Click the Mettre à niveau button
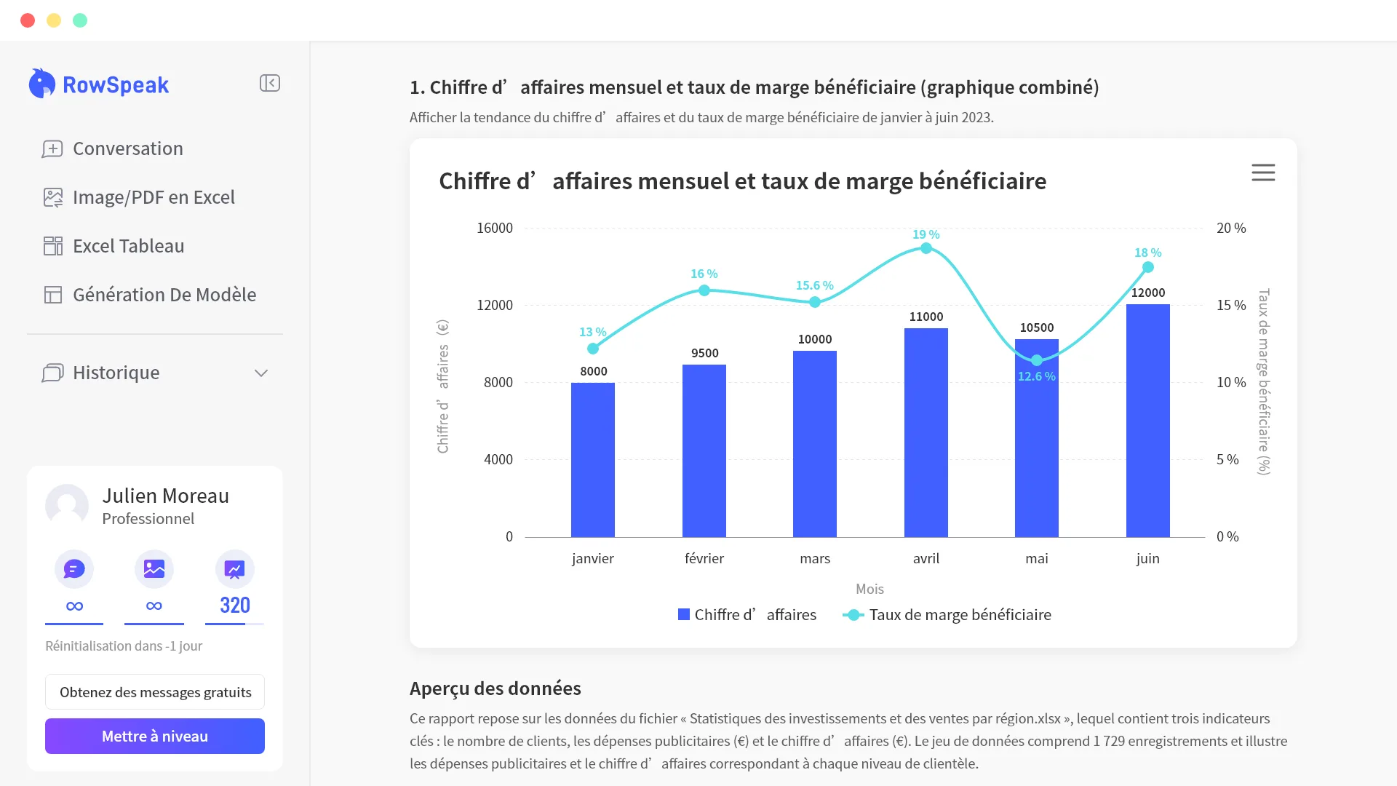click(x=154, y=736)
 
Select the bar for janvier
click(x=593, y=460)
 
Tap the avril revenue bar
click(x=926, y=432)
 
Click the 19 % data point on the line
click(x=926, y=249)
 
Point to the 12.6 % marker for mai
click(x=1037, y=360)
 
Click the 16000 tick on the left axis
click(x=495, y=229)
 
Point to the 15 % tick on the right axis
click(x=1231, y=306)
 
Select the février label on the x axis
click(x=704, y=558)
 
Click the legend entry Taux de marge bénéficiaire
click(x=947, y=615)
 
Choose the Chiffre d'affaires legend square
click(x=684, y=615)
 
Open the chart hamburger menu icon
click(x=1263, y=172)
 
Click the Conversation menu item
click(x=128, y=148)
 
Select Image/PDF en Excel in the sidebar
click(x=154, y=197)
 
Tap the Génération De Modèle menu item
click(x=164, y=295)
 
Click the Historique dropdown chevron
click(x=261, y=373)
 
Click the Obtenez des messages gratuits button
click(x=155, y=692)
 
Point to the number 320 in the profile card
click(x=235, y=605)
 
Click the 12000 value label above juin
click(x=1148, y=293)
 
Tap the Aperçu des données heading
click(x=495, y=688)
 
